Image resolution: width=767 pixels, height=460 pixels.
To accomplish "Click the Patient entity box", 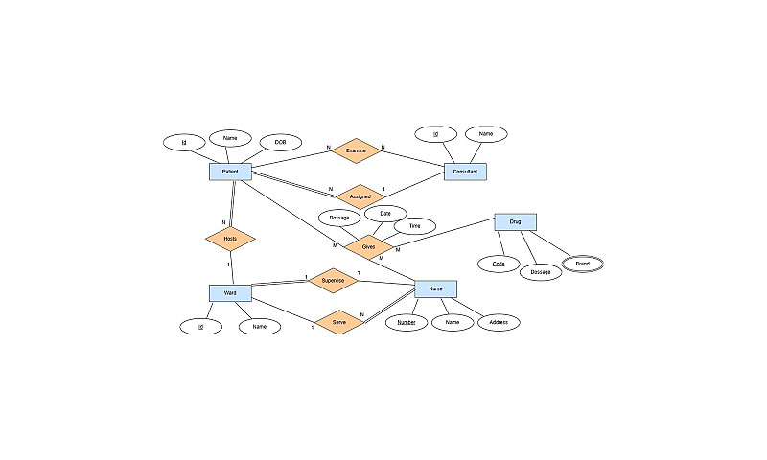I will click(x=230, y=172).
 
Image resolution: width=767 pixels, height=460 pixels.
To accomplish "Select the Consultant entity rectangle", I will click(x=465, y=172).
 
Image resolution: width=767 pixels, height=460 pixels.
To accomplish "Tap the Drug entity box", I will click(x=515, y=222).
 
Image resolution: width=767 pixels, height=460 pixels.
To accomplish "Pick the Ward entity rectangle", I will click(x=230, y=292).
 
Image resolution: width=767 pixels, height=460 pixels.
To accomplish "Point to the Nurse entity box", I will click(x=435, y=288).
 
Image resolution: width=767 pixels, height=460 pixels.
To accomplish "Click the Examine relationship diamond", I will click(x=356, y=150).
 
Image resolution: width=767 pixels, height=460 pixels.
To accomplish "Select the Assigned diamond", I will click(x=360, y=196).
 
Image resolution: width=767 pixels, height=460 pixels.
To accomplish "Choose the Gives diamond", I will click(x=368, y=246).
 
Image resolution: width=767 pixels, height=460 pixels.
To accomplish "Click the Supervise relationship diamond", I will click(x=333, y=280).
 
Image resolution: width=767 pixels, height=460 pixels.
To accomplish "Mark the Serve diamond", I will click(x=338, y=322).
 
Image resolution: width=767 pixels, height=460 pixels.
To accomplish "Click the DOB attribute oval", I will click(x=280, y=143).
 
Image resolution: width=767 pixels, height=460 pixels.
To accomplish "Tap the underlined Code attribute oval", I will click(x=499, y=263).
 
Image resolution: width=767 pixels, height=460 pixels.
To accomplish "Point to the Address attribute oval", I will click(x=499, y=323).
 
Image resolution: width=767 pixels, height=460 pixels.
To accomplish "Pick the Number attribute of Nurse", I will click(x=407, y=323).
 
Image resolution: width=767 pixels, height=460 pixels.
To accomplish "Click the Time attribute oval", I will click(x=415, y=226).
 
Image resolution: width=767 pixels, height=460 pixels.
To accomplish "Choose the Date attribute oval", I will click(x=385, y=213).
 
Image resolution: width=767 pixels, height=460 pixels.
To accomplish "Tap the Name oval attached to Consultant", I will click(x=486, y=134).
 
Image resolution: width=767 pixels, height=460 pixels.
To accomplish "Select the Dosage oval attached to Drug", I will click(x=541, y=273).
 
